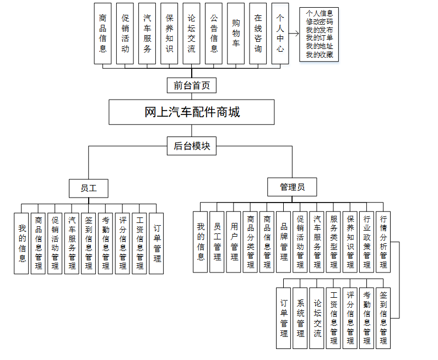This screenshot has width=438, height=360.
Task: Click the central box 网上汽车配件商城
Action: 191,112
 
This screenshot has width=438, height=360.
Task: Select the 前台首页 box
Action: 191,85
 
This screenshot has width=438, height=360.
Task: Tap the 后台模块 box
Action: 191,146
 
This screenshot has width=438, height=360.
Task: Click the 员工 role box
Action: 88,188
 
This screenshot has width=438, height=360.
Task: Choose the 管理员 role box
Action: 293,187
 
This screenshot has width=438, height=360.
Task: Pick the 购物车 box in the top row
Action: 236,33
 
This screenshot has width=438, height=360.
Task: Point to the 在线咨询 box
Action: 258,33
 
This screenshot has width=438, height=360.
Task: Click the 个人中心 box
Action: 280,33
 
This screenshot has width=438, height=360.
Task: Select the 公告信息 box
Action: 214,33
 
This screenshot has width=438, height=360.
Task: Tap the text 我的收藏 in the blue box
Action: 319,54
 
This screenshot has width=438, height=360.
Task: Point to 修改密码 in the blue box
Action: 319,21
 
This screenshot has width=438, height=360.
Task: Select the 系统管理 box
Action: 300,318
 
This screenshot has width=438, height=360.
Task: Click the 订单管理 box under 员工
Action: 156,243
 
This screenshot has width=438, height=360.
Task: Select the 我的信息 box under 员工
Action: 21,243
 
